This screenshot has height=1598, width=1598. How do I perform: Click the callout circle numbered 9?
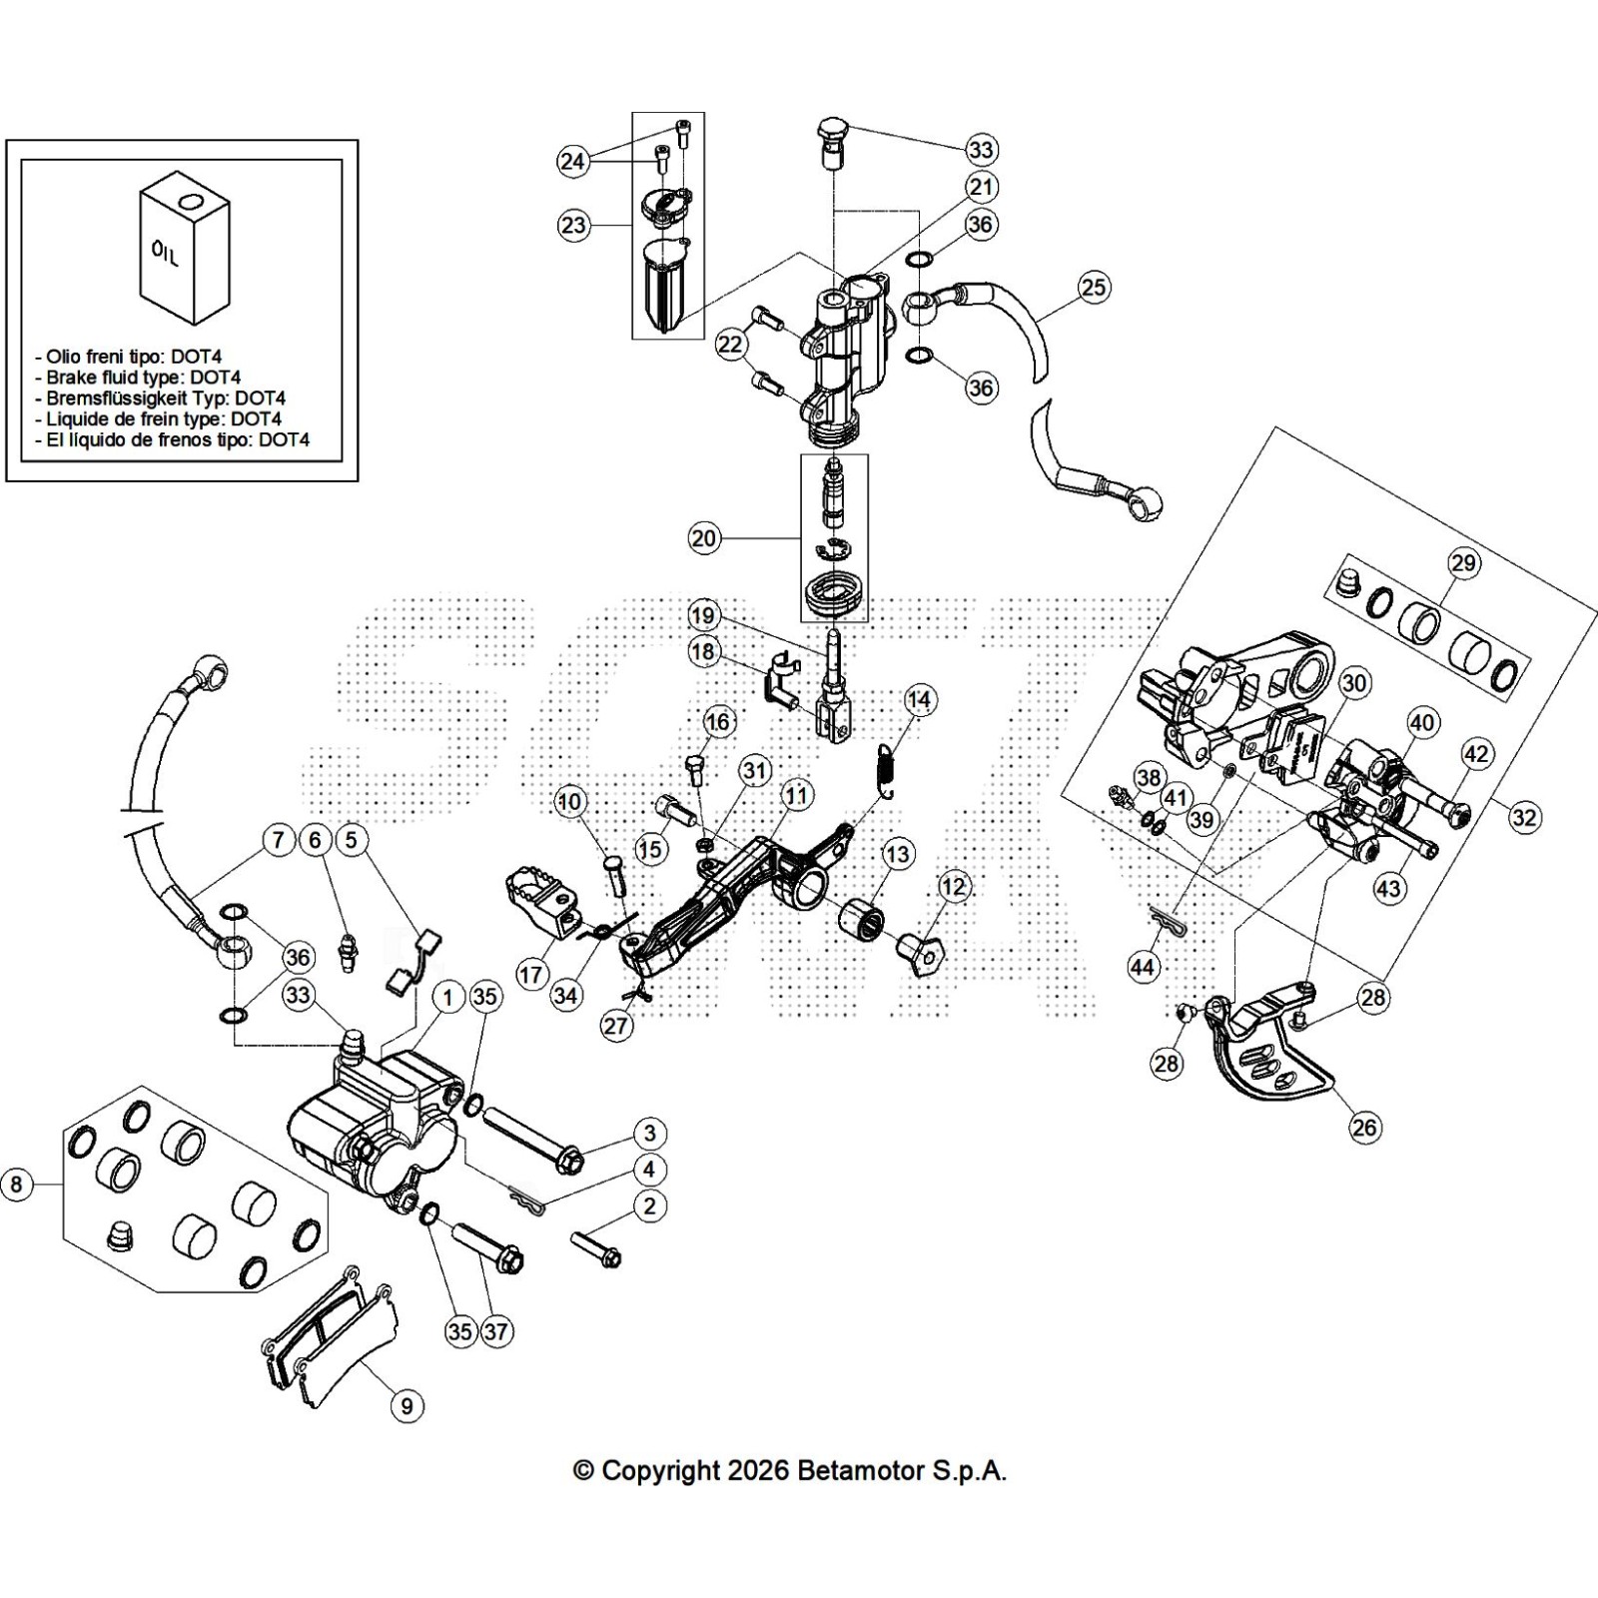406,1406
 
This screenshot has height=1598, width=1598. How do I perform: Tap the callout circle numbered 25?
1094,288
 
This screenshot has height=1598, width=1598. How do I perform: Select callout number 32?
1524,818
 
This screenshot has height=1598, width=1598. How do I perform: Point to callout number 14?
919,700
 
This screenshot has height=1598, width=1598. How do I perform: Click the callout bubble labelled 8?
16,1186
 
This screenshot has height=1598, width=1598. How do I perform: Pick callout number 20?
704,538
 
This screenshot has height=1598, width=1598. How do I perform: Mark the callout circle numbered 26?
1364,1128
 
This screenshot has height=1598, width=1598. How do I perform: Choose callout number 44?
1143,967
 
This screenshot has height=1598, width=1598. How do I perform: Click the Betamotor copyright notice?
790,1470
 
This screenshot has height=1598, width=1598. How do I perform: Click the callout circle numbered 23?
573,226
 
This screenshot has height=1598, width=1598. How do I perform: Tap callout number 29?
1463,563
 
